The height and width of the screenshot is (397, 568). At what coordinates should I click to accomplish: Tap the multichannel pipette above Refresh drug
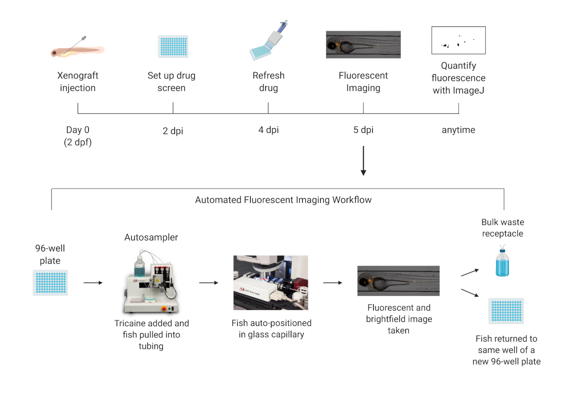click(x=268, y=41)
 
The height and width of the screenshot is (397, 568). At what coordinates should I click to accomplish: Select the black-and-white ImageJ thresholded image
click(x=459, y=40)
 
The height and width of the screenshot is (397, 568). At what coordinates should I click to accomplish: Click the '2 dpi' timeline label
click(x=173, y=131)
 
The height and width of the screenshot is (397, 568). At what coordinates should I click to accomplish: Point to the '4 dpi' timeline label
click(x=268, y=130)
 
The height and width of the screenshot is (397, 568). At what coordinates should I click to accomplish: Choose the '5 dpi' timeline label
click(x=363, y=130)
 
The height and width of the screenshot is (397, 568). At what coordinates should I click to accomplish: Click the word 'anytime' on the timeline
click(x=458, y=130)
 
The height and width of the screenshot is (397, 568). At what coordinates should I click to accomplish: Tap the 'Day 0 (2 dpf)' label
click(x=78, y=136)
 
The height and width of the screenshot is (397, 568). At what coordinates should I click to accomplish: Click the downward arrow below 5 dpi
click(x=363, y=161)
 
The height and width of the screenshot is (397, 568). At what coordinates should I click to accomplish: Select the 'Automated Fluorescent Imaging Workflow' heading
click(x=283, y=200)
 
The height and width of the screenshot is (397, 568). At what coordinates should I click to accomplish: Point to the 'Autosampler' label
click(x=151, y=237)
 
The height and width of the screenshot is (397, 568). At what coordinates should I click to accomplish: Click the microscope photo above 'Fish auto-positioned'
click(x=270, y=283)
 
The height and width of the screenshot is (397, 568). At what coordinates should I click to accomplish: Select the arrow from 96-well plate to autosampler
click(x=93, y=283)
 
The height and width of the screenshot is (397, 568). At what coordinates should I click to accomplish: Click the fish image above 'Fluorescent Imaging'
click(x=363, y=45)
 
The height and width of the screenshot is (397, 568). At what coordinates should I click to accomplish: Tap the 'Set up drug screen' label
click(x=171, y=81)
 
